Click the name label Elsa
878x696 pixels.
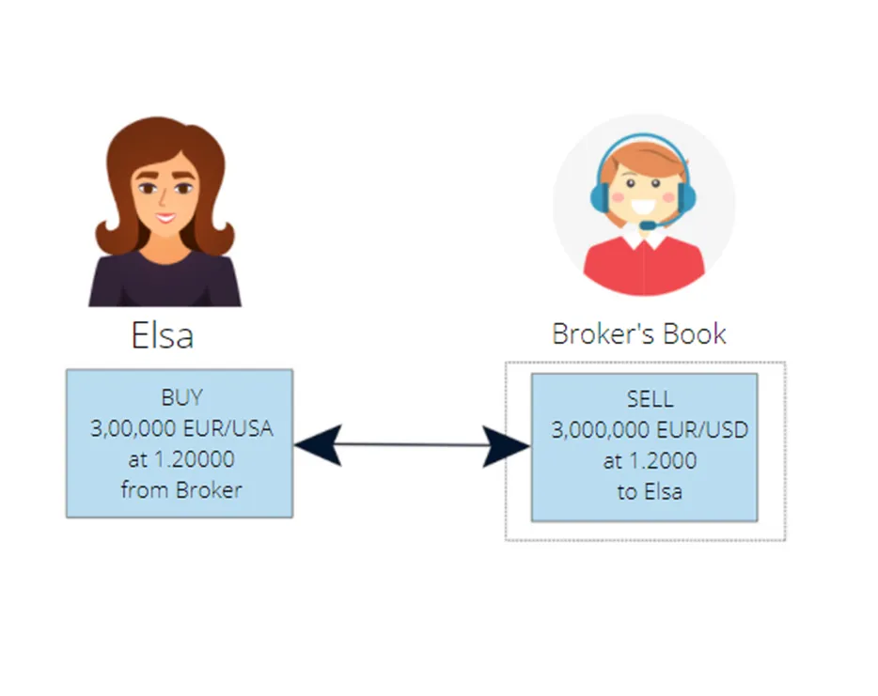click(163, 335)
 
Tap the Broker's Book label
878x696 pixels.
click(639, 333)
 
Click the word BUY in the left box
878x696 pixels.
click(181, 397)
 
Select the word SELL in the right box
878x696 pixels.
click(650, 399)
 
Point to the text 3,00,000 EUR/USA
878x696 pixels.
click(181, 428)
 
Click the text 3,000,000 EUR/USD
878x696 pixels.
click(650, 430)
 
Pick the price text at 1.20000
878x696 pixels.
click(181, 459)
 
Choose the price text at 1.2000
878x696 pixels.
click(650, 461)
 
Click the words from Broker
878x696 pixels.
click(181, 490)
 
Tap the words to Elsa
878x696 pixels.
click(650, 492)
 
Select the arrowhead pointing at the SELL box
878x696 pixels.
click(506, 446)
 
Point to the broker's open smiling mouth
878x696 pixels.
click(642, 206)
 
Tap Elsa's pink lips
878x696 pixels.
click(165, 217)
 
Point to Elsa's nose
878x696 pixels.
click(163, 198)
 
